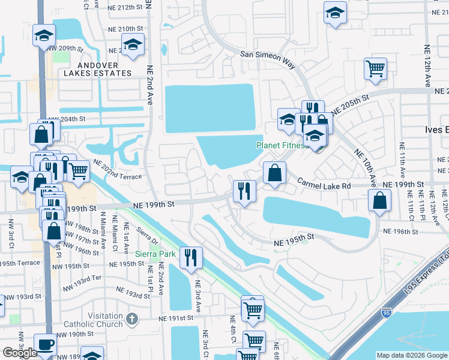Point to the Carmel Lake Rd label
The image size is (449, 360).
click(x=324, y=186)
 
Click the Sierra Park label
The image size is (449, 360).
click(x=155, y=254)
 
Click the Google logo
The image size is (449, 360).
click(x=20, y=353)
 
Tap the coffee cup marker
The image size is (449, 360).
click(x=46, y=344)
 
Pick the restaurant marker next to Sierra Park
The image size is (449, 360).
click(x=191, y=258)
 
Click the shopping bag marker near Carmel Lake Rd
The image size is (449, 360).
click(x=274, y=173)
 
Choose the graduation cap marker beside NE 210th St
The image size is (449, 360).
click(x=133, y=45)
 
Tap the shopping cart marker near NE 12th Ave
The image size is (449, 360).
click(x=375, y=68)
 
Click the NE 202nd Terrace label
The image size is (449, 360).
click(x=117, y=173)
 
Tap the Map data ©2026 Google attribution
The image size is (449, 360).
click(x=412, y=355)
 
